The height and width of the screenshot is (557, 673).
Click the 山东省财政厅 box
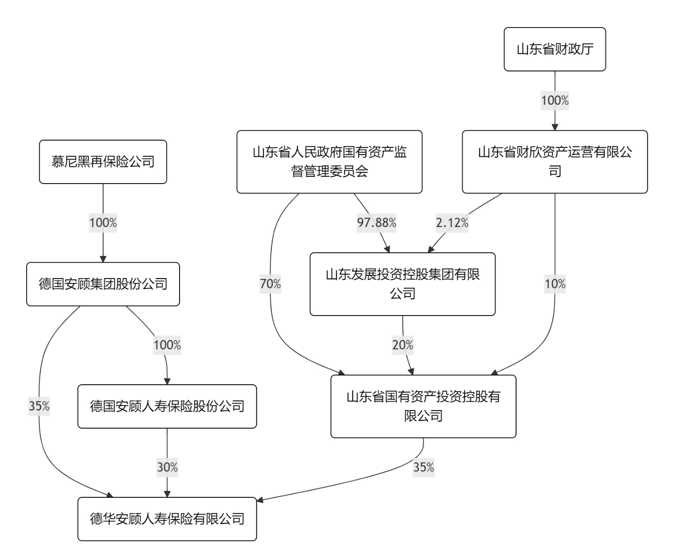point(555,49)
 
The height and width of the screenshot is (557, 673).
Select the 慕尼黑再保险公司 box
point(103,162)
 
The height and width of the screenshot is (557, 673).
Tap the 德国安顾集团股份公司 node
point(103,284)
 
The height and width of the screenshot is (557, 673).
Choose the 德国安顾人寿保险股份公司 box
point(167,406)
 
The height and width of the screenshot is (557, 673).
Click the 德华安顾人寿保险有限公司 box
point(167,519)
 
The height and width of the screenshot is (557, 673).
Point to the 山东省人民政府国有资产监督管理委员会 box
point(329,162)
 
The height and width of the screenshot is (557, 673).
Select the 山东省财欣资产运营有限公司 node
point(555,162)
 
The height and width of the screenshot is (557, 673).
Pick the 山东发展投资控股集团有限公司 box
point(403,284)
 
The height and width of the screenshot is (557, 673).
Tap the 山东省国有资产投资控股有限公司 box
point(423,406)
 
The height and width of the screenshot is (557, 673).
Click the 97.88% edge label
point(376,223)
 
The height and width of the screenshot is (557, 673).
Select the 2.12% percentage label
point(452,223)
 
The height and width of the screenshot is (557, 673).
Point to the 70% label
point(270,284)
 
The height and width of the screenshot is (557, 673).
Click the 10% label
point(555,284)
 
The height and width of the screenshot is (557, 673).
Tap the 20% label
point(403,345)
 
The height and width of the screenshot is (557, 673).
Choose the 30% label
point(167,467)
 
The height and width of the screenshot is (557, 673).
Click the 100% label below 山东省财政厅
point(555,100)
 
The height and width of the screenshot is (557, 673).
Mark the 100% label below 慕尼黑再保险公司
point(103,223)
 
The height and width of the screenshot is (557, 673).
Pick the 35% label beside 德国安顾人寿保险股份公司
point(39,406)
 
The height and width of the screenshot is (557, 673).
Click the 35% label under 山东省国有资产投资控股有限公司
point(423,467)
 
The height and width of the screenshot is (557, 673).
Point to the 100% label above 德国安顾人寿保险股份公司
point(167,345)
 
